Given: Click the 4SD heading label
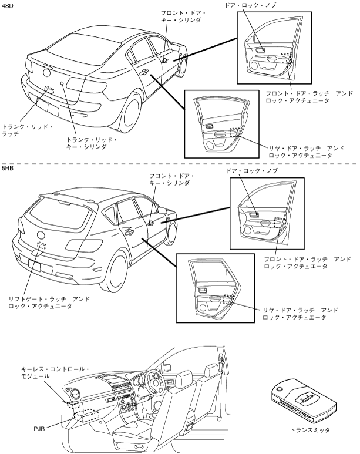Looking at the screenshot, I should coord(8,6).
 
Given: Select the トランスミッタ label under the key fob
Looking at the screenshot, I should coord(310,430).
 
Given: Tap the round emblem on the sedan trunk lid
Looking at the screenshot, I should coord(47,75).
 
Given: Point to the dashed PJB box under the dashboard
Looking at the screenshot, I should coord(92,418).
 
